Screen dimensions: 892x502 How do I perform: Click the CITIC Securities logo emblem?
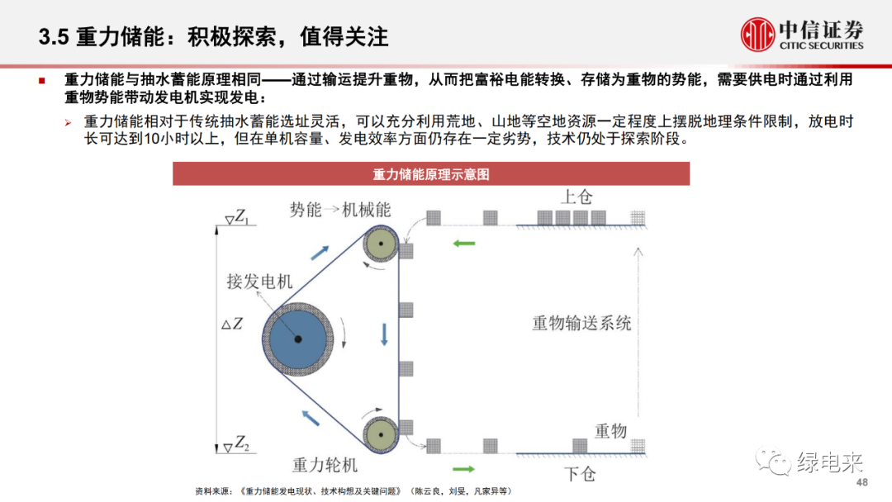tap(757, 35)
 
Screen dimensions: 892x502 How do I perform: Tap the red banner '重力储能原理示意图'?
tap(431, 174)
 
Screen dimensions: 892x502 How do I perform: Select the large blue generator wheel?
tap(297, 339)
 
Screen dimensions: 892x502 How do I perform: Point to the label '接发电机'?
tap(259, 281)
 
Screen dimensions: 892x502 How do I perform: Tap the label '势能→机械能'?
tap(339, 210)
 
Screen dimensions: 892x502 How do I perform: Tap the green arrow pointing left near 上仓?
tap(464, 243)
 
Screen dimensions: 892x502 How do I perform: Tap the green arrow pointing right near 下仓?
tap(464, 469)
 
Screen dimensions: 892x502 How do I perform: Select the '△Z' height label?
tap(232, 324)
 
